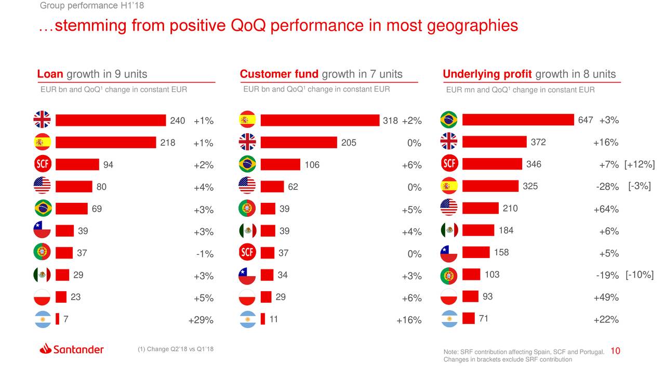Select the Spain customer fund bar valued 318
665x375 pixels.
(x=320, y=120)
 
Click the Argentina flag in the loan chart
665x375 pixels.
(x=42, y=319)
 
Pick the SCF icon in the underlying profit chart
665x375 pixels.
(x=449, y=164)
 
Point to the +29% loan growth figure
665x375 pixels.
(x=201, y=320)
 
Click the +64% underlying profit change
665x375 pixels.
(x=606, y=210)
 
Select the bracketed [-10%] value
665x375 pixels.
(x=640, y=275)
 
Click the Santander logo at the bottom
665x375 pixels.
(x=72, y=349)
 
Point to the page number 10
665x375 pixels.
(x=615, y=352)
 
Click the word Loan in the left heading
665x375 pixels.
(x=50, y=74)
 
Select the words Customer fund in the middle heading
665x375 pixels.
(x=279, y=74)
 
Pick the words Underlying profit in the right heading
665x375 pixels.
(x=487, y=74)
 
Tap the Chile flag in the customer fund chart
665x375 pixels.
(x=247, y=275)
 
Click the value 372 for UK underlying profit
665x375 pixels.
(x=538, y=143)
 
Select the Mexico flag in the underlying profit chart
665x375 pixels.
(x=449, y=230)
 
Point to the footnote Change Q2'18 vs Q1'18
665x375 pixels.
(x=176, y=349)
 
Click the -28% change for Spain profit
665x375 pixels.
(x=607, y=187)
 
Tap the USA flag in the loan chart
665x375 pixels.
(x=42, y=186)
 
